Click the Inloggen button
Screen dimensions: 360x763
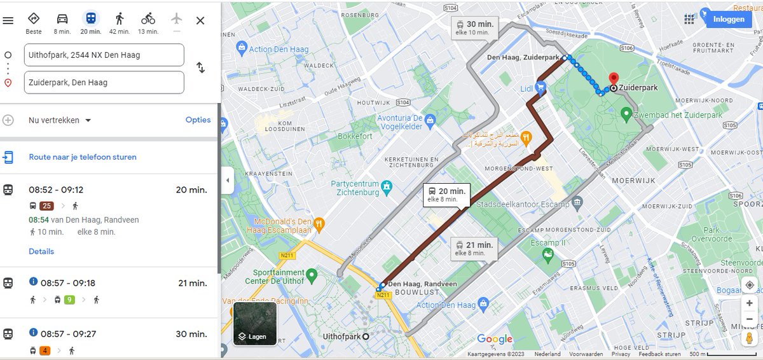click(728, 19)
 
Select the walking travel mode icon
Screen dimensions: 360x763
click(120, 19)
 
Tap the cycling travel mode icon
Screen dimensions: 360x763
click(148, 19)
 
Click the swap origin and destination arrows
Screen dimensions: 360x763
click(201, 67)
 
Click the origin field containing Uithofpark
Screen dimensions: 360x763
click(104, 55)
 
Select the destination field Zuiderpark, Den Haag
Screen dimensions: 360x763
click(104, 82)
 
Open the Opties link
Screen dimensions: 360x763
click(198, 120)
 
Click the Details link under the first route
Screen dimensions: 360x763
click(41, 251)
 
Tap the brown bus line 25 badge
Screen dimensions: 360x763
click(46, 205)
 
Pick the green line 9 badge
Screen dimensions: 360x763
click(69, 300)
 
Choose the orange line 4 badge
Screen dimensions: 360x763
click(45, 350)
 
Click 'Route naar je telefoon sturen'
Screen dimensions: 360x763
click(83, 157)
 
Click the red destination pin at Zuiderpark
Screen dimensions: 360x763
click(614, 79)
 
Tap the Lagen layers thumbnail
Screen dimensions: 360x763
click(254, 323)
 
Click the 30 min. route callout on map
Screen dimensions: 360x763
click(474, 27)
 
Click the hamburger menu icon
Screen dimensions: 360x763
click(8, 20)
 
